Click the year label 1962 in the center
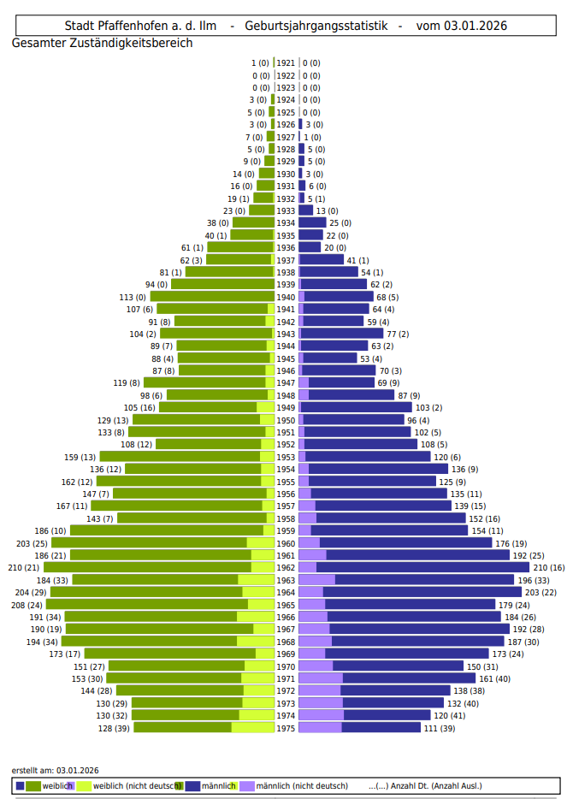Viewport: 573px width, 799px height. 286,567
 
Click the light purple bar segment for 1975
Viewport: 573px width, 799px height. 320,727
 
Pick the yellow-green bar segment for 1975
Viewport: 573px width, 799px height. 252,727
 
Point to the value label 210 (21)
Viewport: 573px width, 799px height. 23,567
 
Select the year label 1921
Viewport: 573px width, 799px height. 286,62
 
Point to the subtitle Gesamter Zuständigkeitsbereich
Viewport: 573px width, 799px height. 102,43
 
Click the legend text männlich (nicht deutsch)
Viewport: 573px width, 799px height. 302,785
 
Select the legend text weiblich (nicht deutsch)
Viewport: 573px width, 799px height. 137,785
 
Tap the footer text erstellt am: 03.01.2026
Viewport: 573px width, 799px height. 55,770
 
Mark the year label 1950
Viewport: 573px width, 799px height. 286,420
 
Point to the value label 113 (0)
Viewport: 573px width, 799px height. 132,297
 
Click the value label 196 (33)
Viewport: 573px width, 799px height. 535,580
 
